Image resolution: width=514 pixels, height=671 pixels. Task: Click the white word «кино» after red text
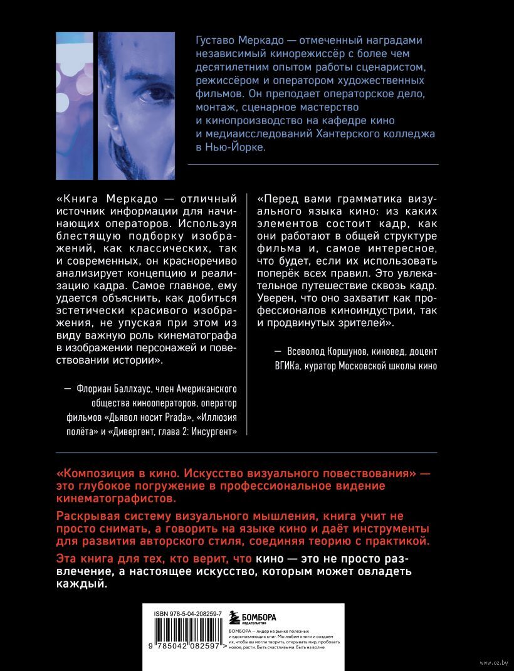(x=268, y=558)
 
